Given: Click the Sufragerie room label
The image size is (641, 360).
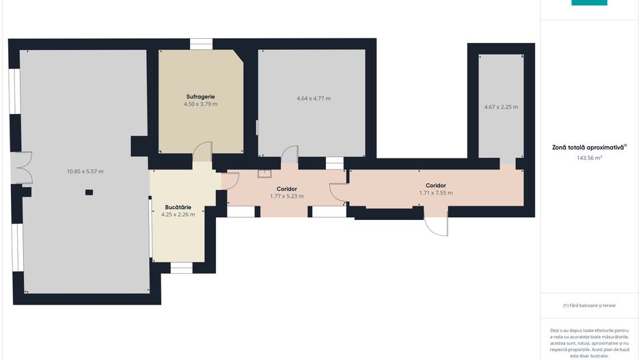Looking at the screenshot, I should click(200, 96).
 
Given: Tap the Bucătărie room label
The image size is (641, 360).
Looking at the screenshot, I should click(178, 207).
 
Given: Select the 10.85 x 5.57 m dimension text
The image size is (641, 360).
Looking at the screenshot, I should click(85, 171).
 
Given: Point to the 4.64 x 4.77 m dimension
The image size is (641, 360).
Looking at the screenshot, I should click(313, 98).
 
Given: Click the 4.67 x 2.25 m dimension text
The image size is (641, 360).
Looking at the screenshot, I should click(500, 107).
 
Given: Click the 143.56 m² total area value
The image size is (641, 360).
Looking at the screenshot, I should click(589, 158).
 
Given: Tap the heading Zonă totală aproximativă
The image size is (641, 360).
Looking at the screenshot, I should click(589, 147).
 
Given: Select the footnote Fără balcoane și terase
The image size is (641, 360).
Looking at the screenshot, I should click(589, 305).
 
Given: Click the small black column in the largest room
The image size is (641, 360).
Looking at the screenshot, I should click(89, 193).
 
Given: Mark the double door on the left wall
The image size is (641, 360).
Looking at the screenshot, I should click(23, 168).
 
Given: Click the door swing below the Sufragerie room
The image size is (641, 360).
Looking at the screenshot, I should click(202, 152).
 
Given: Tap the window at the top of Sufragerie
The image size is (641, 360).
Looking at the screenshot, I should click(201, 44).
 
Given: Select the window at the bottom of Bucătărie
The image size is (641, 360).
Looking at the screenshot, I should click(181, 267).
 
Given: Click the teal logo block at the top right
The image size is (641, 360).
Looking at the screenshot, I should click(588, 3).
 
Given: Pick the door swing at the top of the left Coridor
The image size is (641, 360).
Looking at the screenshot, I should click(290, 154).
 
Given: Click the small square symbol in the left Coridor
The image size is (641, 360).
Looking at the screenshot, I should click(264, 173).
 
